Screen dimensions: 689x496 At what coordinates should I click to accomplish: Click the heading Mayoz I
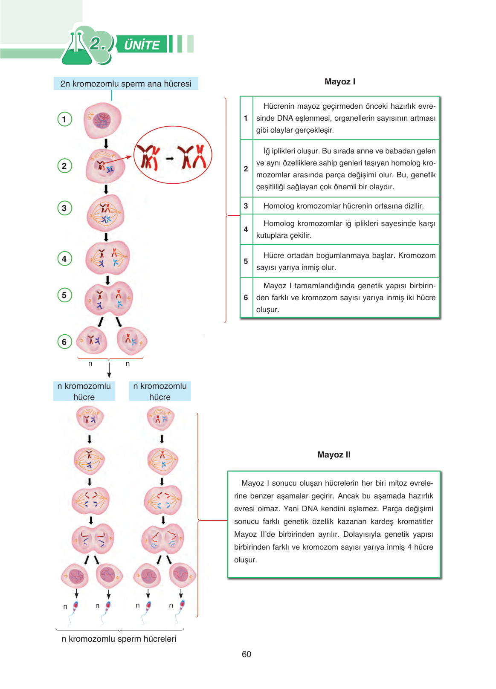(339, 81)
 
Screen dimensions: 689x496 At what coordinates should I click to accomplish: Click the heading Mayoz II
(334, 455)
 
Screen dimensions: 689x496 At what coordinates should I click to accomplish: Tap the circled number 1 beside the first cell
(64, 119)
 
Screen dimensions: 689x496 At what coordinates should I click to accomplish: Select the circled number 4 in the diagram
(64, 258)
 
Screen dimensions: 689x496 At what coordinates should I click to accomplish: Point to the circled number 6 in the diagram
(64, 342)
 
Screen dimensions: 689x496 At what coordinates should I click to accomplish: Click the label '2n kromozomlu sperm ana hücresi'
(126, 84)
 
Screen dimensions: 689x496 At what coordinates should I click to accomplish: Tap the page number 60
(247, 654)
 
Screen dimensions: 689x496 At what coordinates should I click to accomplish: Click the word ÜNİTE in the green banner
(142, 45)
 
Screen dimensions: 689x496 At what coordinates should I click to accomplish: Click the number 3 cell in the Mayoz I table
(246, 206)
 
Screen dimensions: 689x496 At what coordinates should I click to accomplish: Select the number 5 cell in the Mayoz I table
(246, 261)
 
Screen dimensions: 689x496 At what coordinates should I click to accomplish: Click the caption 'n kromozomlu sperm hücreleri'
(119, 639)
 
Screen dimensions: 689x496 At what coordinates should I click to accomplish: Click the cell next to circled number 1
(103, 120)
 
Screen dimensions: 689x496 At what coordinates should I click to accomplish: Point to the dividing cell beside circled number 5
(109, 299)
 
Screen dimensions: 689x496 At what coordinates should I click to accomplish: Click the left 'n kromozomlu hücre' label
(84, 391)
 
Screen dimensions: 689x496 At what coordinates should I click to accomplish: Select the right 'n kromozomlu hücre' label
(160, 391)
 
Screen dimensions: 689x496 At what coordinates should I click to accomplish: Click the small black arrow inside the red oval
(170, 159)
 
